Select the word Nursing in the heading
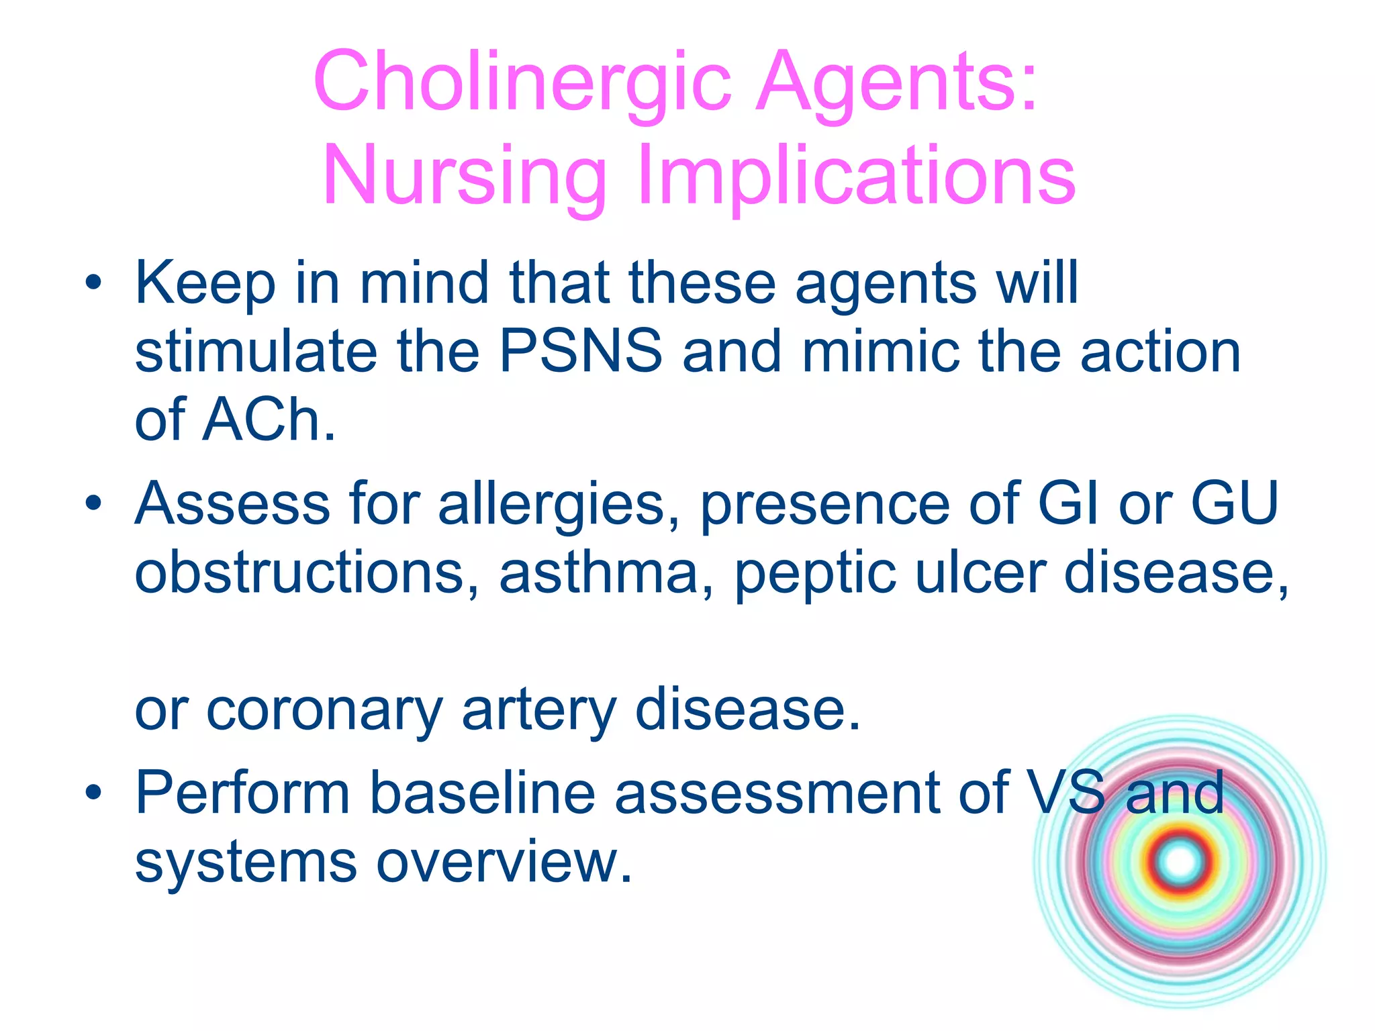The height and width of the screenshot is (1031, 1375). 465,177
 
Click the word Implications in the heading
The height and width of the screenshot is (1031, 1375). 857,177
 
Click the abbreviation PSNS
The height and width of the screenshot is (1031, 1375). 581,352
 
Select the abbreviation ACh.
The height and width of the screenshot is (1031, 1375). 269,420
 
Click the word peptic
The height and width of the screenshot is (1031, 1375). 815,576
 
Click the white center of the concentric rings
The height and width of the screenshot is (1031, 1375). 1180,861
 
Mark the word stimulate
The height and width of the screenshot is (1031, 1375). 255,352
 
